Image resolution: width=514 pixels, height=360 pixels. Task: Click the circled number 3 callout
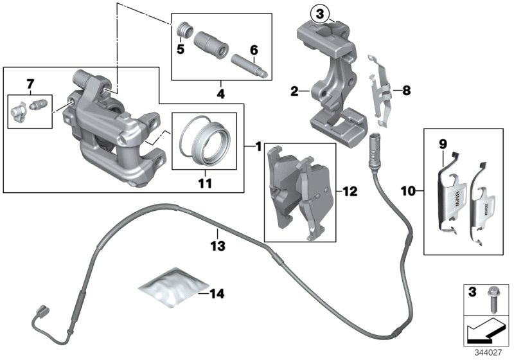coord(320,12)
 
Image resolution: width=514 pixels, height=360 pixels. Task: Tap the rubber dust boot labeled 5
coord(184,31)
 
